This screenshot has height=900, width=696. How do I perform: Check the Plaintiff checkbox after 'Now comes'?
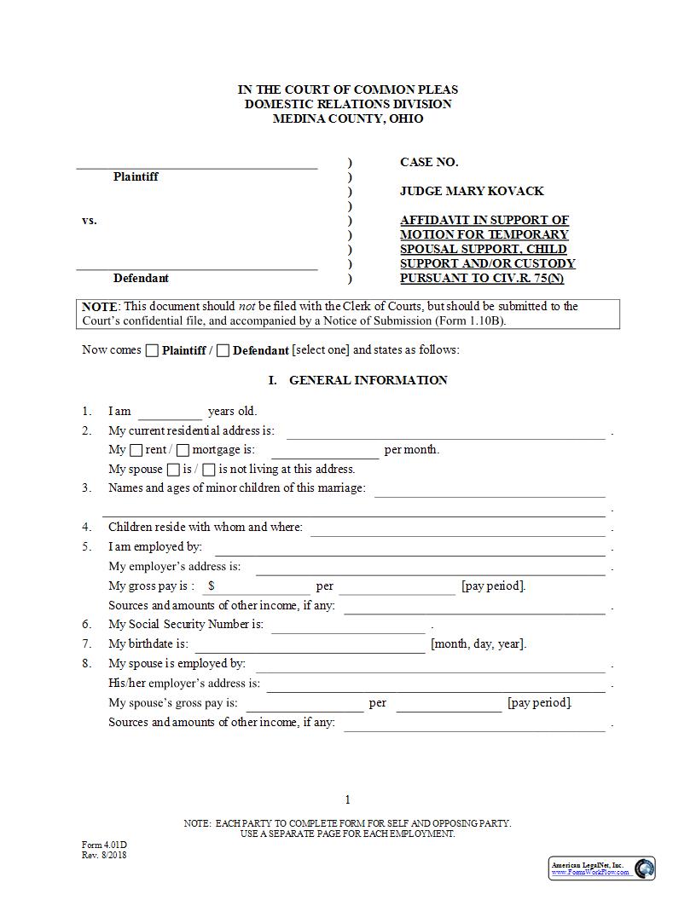point(152,350)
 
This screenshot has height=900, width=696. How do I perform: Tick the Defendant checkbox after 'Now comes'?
point(223,350)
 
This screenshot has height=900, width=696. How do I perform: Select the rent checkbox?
point(136,450)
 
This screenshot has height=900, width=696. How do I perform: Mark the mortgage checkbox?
point(183,450)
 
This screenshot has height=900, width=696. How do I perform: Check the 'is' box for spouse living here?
point(173,470)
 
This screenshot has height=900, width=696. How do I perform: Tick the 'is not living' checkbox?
point(209,470)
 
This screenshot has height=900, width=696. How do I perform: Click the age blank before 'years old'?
point(170,412)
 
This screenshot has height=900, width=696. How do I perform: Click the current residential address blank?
point(445,432)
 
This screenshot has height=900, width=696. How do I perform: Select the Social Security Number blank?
point(347,626)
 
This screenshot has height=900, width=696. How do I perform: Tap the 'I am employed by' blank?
point(409,548)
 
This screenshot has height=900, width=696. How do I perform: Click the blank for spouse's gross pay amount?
point(304,704)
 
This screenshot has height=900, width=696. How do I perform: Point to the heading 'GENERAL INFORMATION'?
point(368,380)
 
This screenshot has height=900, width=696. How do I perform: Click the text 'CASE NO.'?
point(429,162)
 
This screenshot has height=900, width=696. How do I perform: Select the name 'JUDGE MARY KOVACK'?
point(472,191)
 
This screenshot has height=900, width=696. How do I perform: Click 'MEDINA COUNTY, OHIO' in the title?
point(347,118)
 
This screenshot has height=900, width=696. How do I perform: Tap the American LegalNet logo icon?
point(645,868)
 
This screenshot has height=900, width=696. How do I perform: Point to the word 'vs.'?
point(90,220)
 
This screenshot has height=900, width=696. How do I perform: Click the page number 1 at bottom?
point(348,799)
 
